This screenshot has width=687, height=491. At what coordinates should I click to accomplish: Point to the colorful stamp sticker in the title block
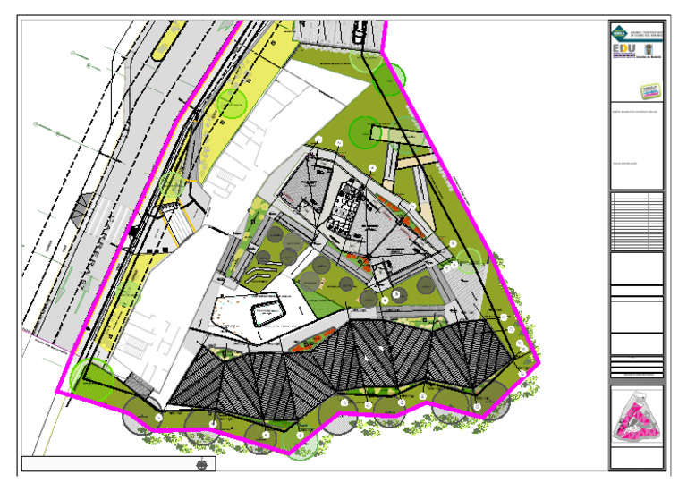click(649, 90)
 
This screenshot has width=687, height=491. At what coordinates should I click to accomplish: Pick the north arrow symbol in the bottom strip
click(204, 465)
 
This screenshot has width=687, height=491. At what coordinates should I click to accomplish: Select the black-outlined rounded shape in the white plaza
click(267, 312)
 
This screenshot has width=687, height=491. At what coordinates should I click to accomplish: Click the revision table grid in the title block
click(635, 221)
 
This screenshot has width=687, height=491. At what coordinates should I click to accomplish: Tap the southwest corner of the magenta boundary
click(58, 392)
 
